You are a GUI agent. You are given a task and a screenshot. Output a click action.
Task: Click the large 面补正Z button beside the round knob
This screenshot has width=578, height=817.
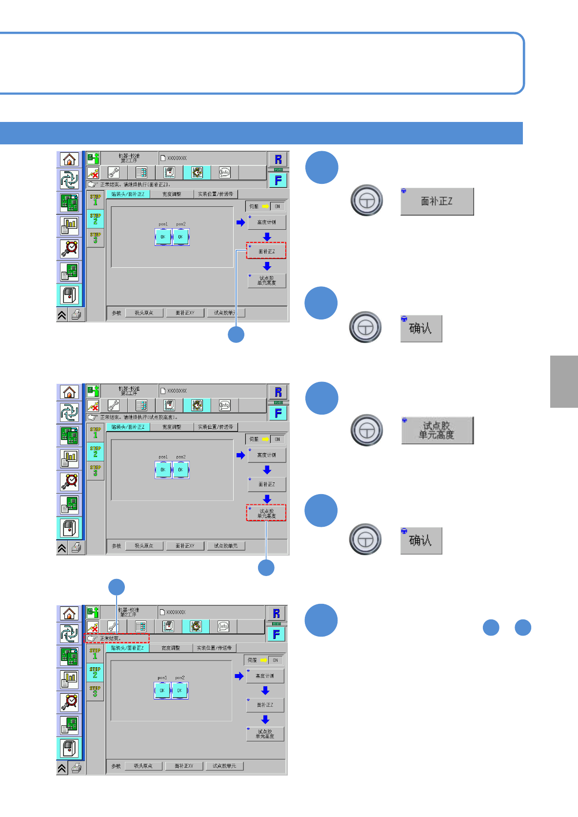tap(437, 201)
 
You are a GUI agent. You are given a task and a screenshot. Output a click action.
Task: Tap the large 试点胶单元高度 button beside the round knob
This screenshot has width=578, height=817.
tap(437, 430)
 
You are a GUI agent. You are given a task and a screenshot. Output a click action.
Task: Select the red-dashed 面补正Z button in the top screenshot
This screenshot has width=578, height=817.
tap(266, 251)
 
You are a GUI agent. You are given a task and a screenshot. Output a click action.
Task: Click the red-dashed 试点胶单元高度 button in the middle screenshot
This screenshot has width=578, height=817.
tap(266, 513)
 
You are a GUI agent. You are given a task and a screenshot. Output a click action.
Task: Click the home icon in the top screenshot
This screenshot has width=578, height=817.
tap(69, 159)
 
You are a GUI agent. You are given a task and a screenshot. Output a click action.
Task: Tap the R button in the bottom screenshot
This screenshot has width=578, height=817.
tap(277, 614)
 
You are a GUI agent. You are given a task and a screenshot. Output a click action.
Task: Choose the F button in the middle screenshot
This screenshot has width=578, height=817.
tap(278, 413)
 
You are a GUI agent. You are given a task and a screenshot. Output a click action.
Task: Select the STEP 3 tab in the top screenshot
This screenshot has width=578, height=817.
tap(95, 238)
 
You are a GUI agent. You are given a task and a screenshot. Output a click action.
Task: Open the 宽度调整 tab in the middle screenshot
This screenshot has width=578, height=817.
tap(171, 427)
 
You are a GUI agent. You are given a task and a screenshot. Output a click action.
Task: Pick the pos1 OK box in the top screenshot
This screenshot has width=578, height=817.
tap(163, 237)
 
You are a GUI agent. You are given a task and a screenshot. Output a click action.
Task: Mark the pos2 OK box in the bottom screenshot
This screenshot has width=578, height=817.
tap(179, 691)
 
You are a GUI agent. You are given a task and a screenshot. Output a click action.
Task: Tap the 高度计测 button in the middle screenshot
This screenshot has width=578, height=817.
tap(266, 455)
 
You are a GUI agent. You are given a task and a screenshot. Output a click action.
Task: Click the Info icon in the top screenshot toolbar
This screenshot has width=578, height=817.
tap(224, 172)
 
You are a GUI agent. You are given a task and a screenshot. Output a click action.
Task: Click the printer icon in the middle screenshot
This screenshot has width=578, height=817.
tap(77, 548)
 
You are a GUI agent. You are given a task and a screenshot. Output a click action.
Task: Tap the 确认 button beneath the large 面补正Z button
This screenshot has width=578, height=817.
tap(421, 328)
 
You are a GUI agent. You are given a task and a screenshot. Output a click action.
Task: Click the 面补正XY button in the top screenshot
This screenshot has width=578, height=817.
tap(185, 313)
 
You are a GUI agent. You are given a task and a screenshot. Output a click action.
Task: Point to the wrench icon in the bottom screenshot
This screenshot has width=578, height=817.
tap(113, 626)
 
